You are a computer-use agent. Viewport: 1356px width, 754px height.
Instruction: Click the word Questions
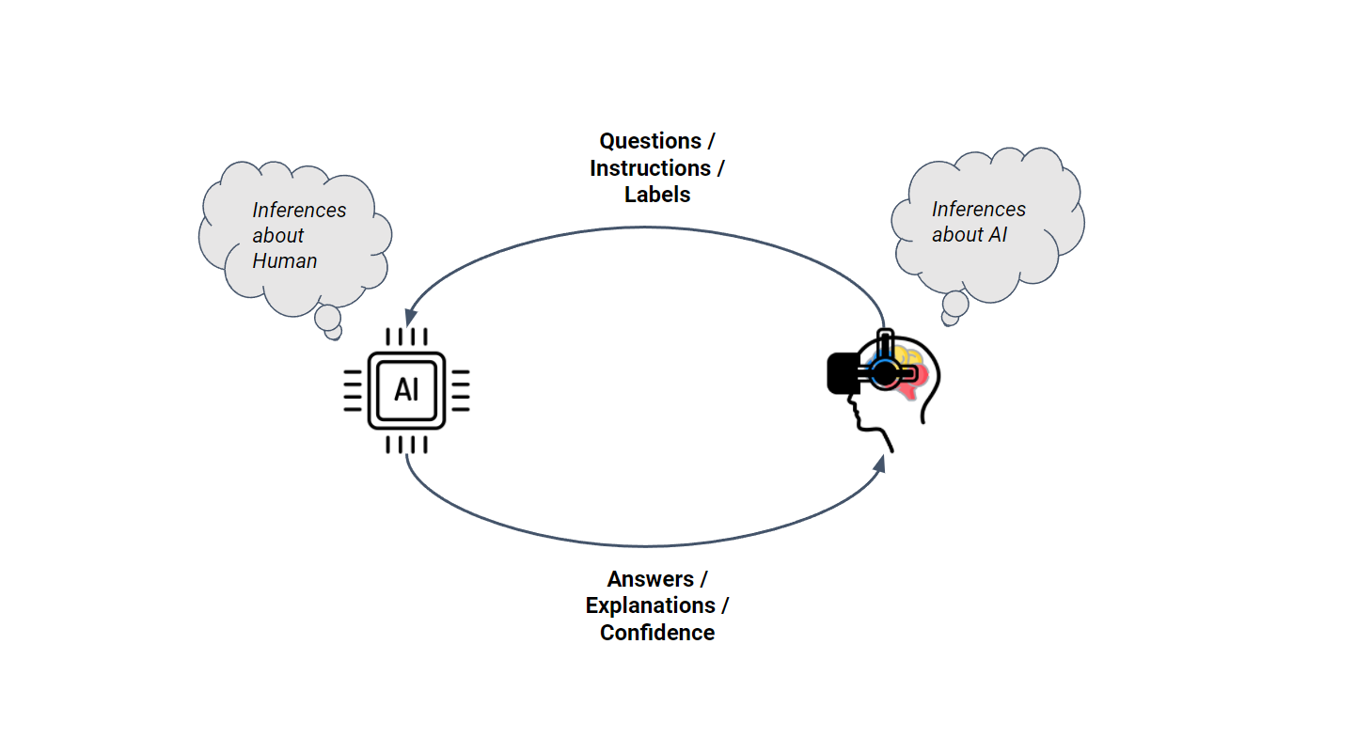[x=650, y=141]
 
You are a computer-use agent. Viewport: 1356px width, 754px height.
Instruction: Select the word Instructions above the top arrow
[x=650, y=168]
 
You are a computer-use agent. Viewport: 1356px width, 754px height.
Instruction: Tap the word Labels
[x=657, y=195]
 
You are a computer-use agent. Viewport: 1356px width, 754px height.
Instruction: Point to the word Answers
[x=650, y=579]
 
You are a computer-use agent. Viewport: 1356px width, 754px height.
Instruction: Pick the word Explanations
[x=650, y=605]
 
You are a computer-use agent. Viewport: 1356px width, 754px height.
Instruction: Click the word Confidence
[x=657, y=633]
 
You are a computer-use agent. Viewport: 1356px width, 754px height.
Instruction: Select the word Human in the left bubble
[x=284, y=261]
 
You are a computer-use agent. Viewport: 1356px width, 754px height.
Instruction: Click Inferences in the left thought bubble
[x=299, y=211]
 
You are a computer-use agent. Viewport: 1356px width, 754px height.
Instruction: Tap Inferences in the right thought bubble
[x=978, y=210]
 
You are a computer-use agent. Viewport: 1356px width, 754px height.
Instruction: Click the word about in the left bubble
[x=277, y=236]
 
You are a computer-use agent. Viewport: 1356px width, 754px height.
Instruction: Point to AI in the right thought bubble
[x=994, y=235]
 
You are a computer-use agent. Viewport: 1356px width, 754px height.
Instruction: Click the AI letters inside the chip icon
[x=406, y=390]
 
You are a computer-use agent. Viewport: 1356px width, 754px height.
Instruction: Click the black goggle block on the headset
[x=844, y=372]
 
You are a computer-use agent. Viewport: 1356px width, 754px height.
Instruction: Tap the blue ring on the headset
[x=883, y=373]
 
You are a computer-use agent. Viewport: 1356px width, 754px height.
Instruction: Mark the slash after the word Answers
[x=703, y=579]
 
